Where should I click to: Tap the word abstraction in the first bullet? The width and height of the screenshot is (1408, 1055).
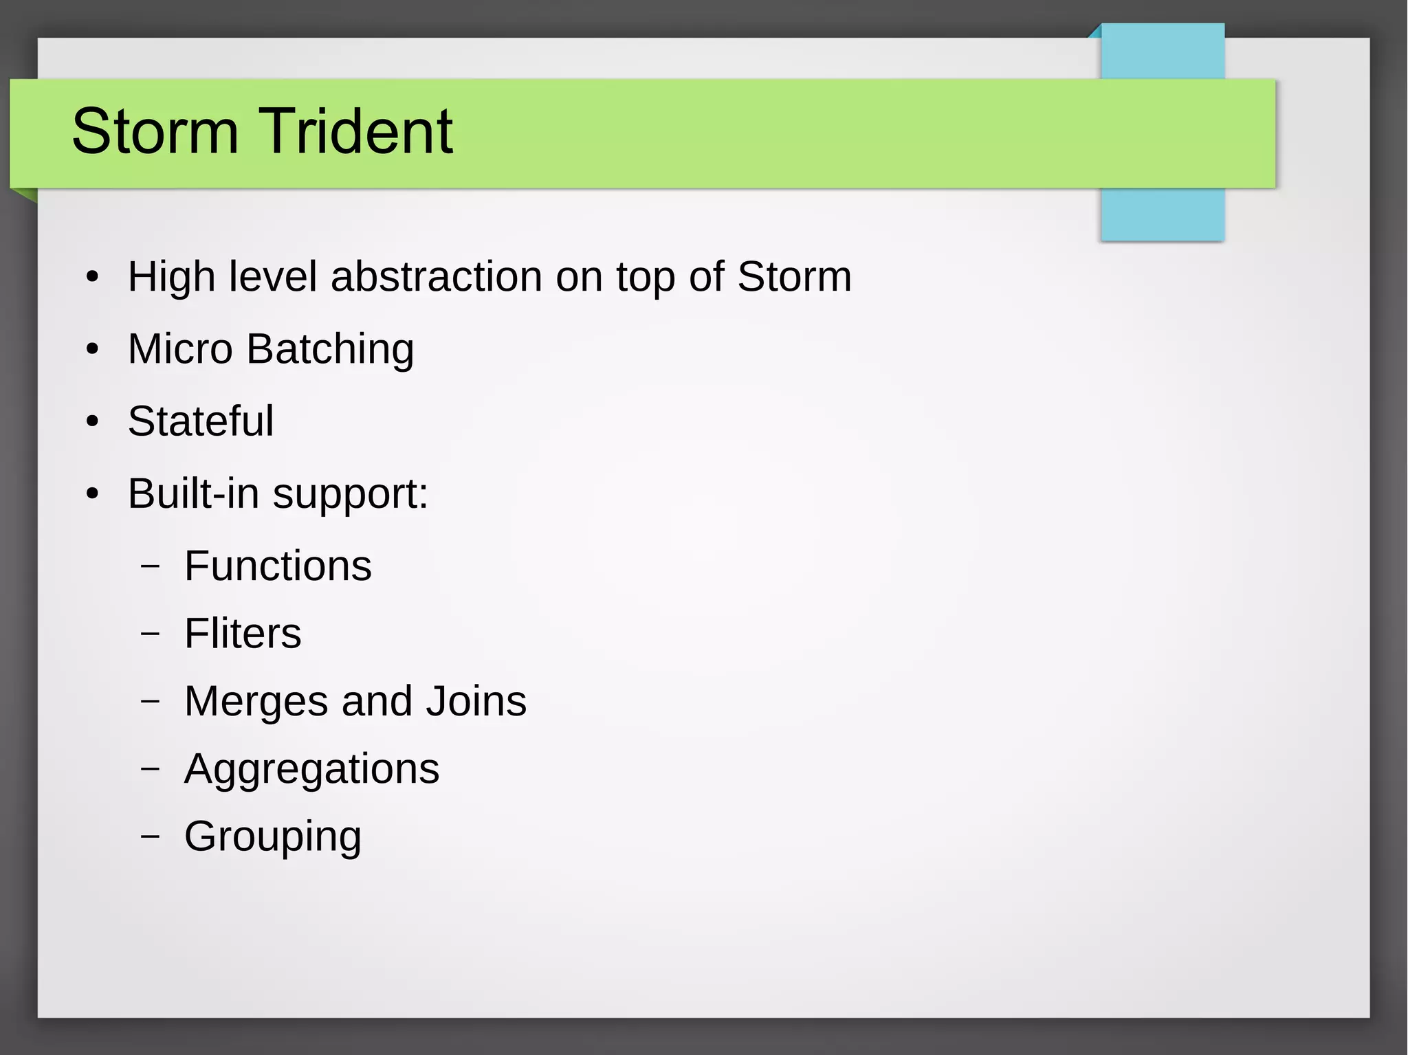(437, 276)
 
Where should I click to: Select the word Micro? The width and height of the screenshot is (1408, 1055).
(180, 348)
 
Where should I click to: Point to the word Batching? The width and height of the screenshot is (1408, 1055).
(330, 350)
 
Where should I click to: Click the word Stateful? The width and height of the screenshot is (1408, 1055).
(201, 421)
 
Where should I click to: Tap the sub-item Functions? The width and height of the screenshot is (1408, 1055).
(278, 566)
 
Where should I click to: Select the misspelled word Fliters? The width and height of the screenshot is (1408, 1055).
(243, 633)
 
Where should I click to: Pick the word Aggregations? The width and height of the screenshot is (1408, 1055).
(311, 770)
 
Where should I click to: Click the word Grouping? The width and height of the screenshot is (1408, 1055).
(272, 837)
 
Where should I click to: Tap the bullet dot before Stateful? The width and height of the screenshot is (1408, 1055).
(93, 422)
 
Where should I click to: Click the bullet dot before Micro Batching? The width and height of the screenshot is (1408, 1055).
(93, 350)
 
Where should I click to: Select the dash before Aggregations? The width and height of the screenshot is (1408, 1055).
(150, 769)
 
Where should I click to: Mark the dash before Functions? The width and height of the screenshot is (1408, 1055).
(150, 566)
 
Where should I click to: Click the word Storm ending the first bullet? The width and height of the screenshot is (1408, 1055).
(794, 276)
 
